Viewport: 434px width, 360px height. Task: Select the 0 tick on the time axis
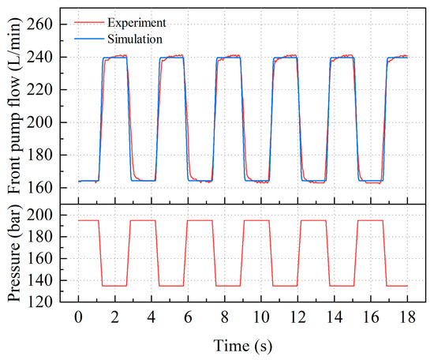click(78, 316)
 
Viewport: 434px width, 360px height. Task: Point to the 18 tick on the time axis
click(408, 316)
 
